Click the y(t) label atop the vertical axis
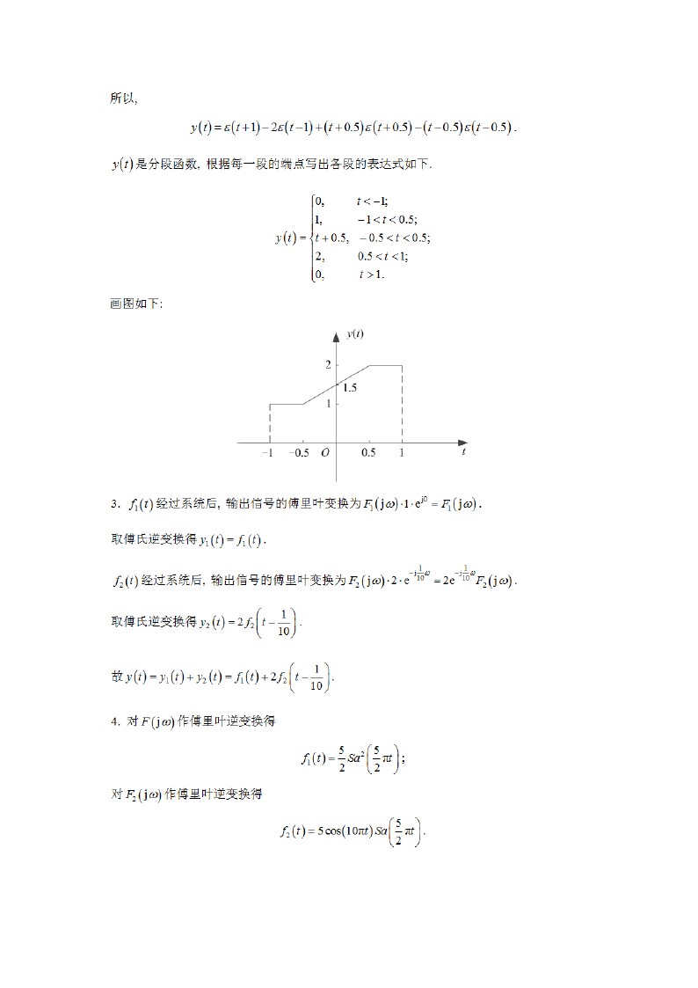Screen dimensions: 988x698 point(355,334)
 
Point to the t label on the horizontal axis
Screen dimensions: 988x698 point(463,452)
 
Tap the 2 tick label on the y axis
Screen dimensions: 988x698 point(327,364)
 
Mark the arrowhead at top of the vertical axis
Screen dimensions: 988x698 point(336,337)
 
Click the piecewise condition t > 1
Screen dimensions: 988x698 point(371,274)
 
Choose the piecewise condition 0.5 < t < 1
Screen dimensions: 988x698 point(382,257)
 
